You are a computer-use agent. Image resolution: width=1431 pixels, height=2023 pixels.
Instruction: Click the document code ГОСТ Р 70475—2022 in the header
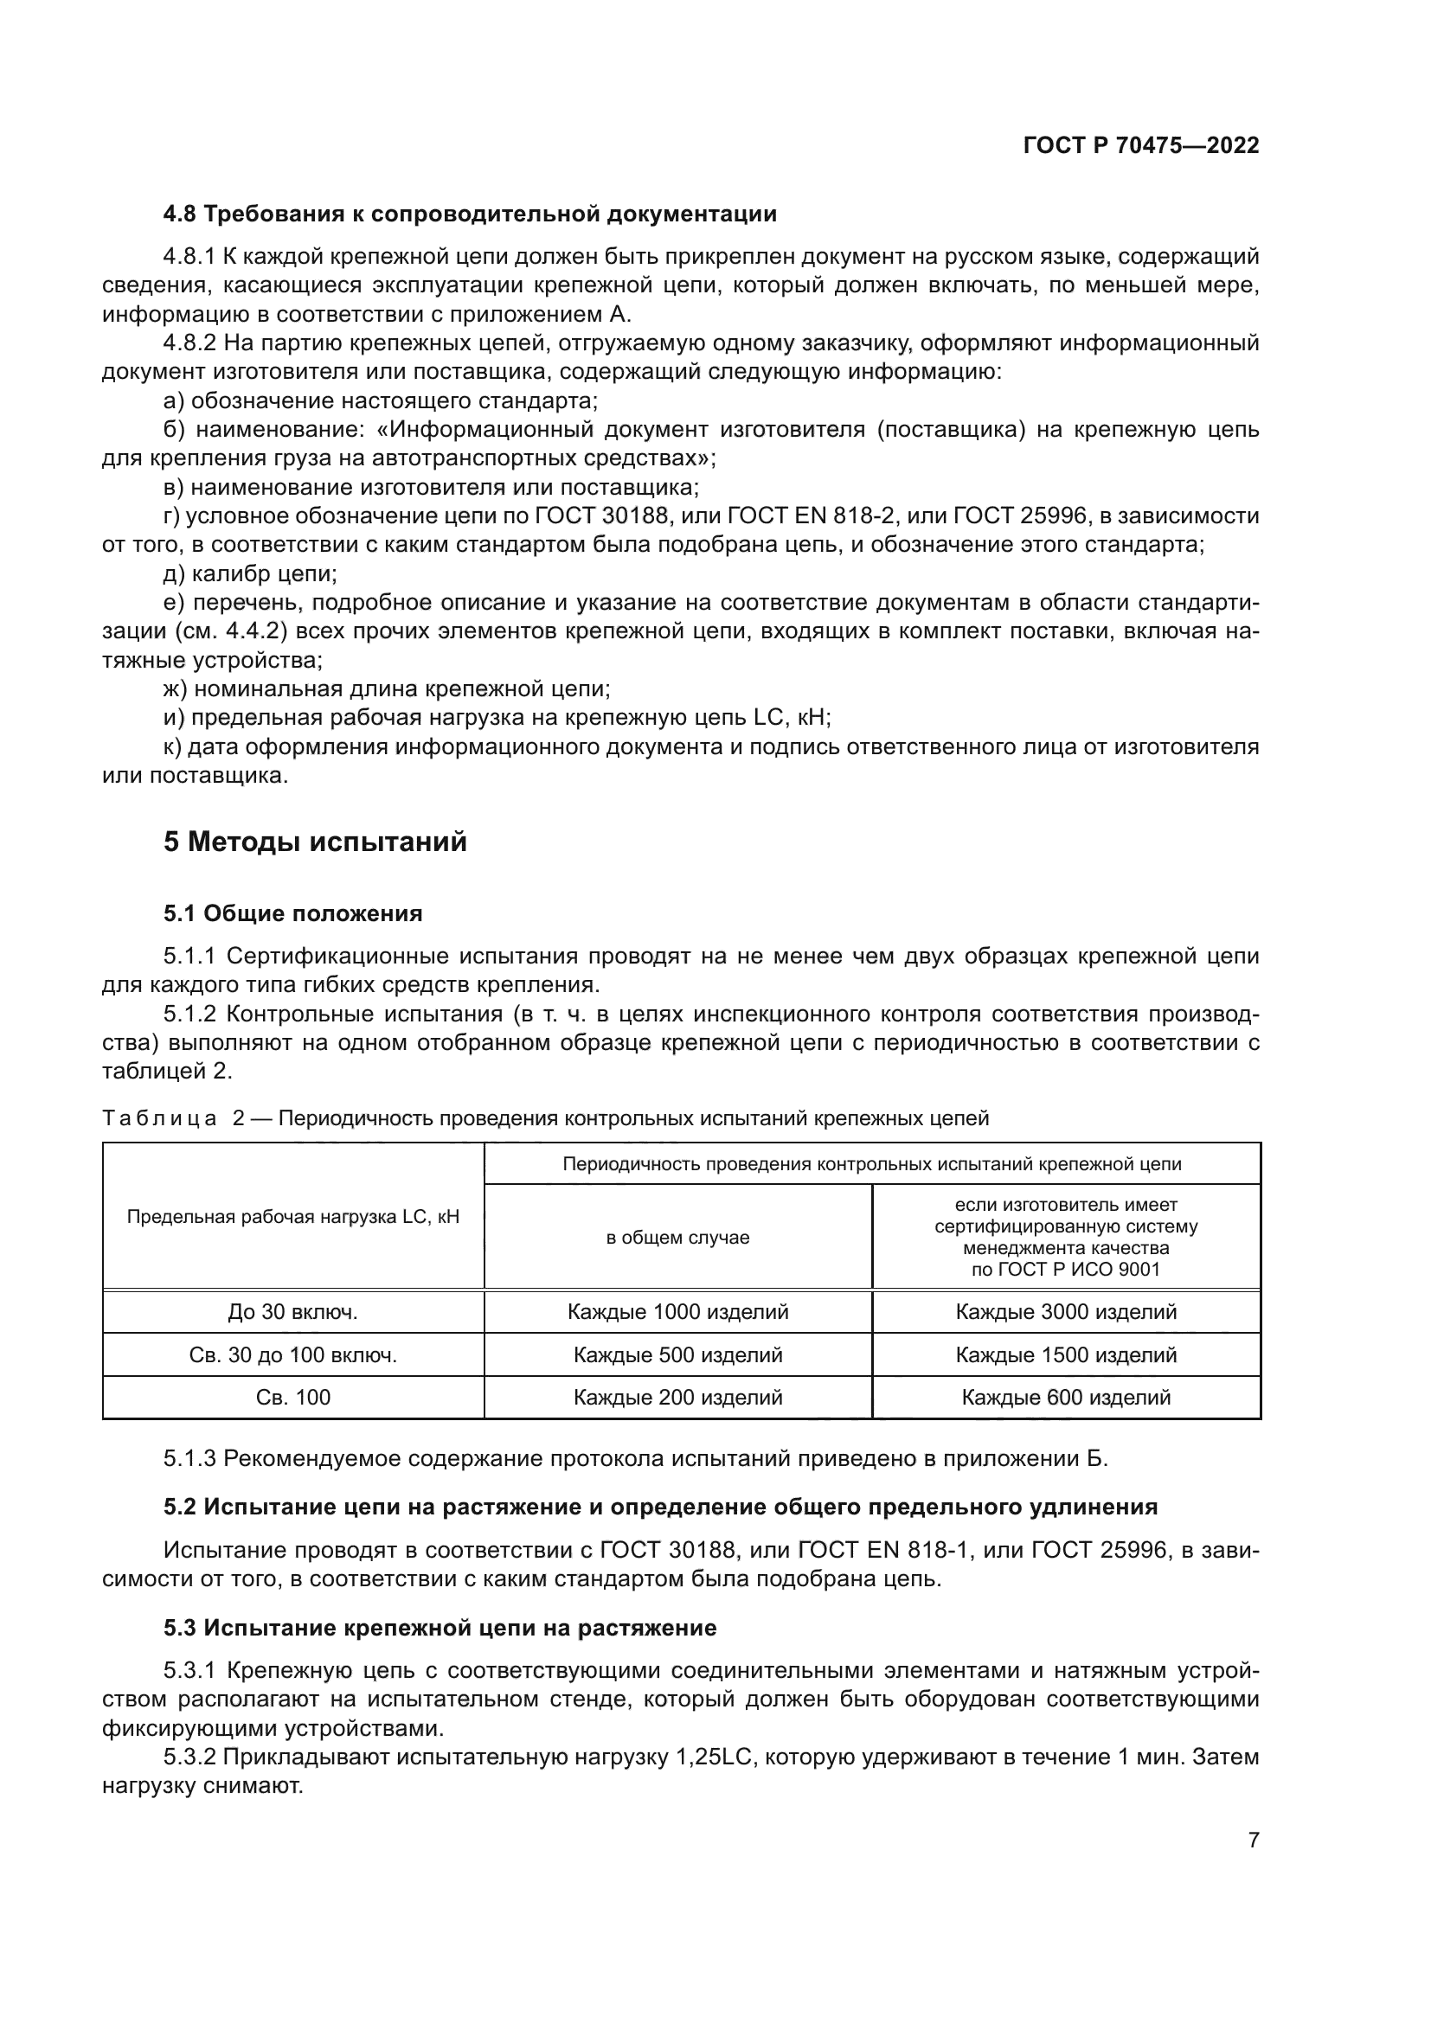(1141, 146)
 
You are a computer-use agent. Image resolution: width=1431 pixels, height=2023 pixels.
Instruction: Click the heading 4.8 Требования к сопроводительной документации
(470, 214)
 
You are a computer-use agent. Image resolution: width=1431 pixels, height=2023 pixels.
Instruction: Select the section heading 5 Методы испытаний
(315, 842)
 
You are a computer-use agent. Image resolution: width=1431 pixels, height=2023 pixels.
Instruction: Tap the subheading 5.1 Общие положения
(292, 913)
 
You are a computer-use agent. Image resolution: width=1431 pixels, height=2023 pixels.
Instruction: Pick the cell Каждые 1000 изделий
(677, 1312)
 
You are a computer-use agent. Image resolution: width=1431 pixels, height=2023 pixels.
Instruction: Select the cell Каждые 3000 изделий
(1065, 1312)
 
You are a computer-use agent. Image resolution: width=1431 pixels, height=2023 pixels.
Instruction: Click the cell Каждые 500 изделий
(677, 1355)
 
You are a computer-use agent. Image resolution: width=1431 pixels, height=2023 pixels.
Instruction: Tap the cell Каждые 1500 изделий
(1065, 1355)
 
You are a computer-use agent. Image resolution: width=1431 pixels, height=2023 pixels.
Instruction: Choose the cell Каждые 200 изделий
(677, 1398)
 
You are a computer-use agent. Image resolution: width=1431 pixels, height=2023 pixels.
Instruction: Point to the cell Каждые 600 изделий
(1065, 1398)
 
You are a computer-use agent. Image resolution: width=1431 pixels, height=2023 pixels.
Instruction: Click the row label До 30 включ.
(292, 1312)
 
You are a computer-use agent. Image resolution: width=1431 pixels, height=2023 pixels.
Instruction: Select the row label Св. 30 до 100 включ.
(292, 1355)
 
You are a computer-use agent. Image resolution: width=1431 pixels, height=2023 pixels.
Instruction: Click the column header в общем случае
(677, 1237)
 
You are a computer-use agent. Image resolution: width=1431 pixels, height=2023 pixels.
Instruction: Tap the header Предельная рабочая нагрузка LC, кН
(292, 1218)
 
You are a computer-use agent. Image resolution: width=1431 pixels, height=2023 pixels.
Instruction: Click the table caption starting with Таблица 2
(545, 1119)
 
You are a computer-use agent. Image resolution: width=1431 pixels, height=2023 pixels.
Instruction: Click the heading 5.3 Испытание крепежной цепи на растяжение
(440, 1629)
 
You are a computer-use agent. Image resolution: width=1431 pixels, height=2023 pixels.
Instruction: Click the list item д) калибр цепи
(250, 573)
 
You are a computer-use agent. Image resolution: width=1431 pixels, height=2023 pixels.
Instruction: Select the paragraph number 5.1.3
(189, 1458)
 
